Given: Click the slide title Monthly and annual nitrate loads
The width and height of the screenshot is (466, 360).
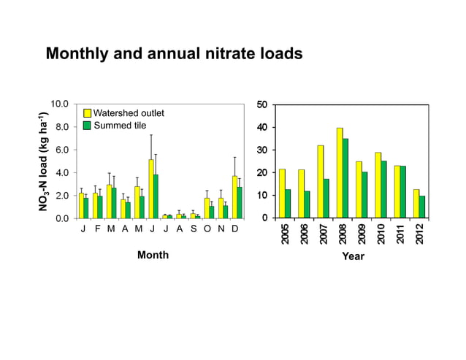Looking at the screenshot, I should click(x=174, y=54).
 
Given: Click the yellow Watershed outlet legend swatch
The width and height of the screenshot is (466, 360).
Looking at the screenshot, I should click(x=86, y=113).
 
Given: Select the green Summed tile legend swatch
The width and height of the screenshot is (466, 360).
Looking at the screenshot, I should click(x=86, y=126).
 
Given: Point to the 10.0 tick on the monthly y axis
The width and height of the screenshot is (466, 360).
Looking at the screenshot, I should click(x=61, y=104).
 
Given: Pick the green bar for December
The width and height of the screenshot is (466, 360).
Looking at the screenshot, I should click(x=240, y=202).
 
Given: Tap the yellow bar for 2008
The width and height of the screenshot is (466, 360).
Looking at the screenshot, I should click(x=340, y=173).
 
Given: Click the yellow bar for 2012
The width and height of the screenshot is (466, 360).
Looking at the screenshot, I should click(x=416, y=204).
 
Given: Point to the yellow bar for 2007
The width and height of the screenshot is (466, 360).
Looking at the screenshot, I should click(x=320, y=182).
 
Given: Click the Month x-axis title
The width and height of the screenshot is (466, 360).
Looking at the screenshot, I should click(x=153, y=256).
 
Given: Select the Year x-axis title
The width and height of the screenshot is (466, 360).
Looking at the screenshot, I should click(x=353, y=256).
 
